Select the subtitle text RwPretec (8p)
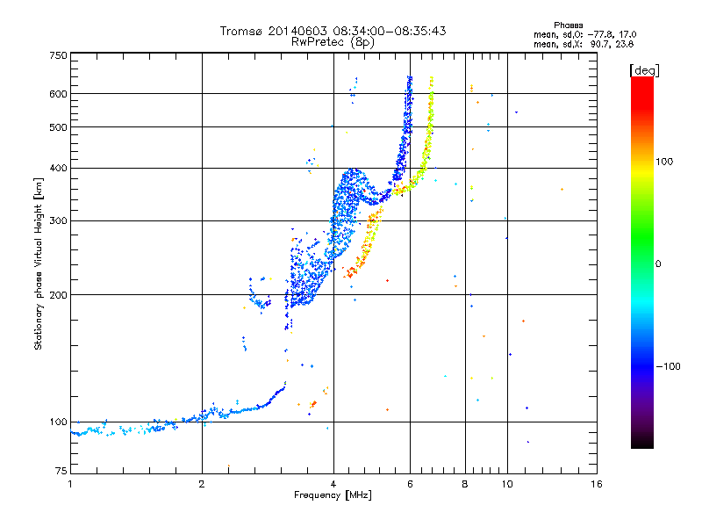coord(333,42)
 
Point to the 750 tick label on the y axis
coord(58,55)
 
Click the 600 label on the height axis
coord(58,94)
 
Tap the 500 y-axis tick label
coord(58,127)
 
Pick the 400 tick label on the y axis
coord(58,169)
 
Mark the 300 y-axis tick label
coord(58,221)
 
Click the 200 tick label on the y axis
coord(58,295)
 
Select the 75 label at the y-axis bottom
coord(61,471)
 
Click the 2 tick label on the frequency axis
coord(202,484)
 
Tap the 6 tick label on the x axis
coord(410,484)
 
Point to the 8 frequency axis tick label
coord(465,484)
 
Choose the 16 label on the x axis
coord(597,484)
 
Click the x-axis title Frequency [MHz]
coord(333,495)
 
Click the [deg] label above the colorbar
coord(644,71)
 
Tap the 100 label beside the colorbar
coord(664,162)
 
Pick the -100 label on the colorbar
coord(669,366)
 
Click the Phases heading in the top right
coord(569,25)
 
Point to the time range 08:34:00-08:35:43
coord(390,31)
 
